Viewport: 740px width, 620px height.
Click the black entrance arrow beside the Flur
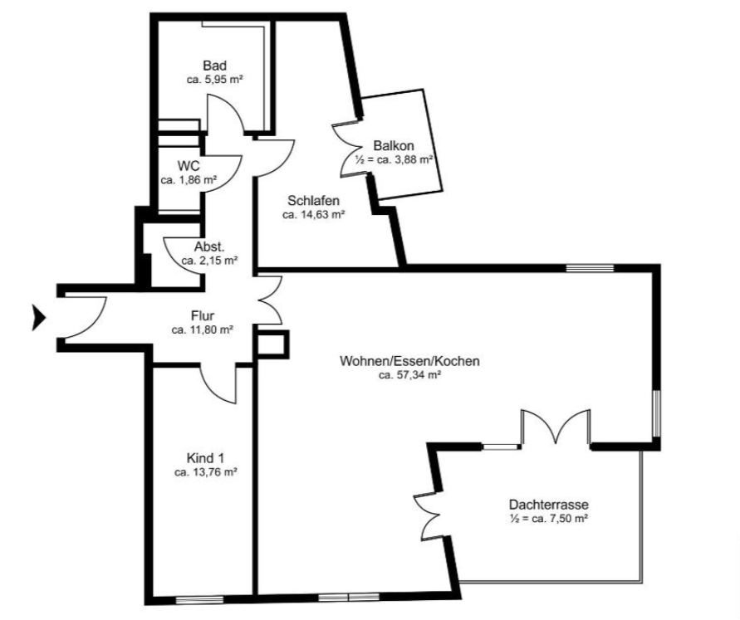(x=38, y=317)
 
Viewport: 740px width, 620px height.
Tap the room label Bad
(x=215, y=66)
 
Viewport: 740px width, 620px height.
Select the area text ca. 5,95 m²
(x=215, y=80)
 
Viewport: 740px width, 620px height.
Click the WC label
(x=189, y=166)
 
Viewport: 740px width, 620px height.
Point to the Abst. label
(x=209, y=247)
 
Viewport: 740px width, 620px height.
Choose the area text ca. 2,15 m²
(x=209, y=261)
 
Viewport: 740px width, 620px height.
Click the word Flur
(x=203, y=315)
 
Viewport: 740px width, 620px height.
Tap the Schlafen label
(x=313, y=201)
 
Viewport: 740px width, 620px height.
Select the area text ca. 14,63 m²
(x=313, y=215)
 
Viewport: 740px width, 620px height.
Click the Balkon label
(x=394, y=146)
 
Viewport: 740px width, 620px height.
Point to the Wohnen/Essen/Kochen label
(x=409, y=361)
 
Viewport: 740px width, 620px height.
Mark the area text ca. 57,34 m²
(x=409, y=375)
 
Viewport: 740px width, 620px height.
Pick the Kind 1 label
(x=205, y=458)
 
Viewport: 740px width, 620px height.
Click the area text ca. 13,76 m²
(x=205, y=472)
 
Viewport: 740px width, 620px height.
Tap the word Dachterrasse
(x=548, y=505)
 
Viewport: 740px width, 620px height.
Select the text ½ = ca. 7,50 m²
(x=548, y=519)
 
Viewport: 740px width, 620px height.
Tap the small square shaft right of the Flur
(x=272, y=344)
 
